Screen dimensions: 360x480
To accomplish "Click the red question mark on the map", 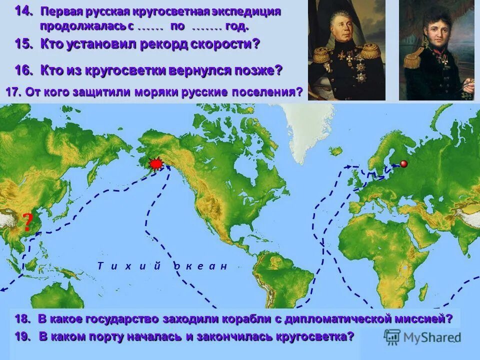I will click(x=28, y=222).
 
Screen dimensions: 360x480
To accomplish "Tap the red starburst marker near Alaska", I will click(x=156, y=163).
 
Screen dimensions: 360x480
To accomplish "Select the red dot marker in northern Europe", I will click(x=403, y=163).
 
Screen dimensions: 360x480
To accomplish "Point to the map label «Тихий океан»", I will click(x=162, y=266).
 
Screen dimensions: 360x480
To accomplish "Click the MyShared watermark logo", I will click(x=422, y=336).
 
